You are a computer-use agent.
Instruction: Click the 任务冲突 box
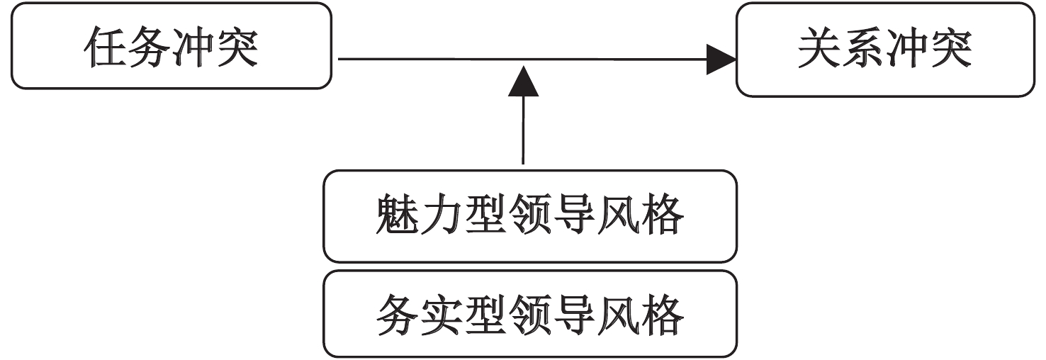(171, 45)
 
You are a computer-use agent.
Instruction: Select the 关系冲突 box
(885, 50)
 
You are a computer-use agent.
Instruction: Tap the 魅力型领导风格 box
(529, 216)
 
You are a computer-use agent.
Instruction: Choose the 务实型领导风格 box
(529, 314)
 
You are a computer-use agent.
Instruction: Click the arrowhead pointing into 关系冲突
(721, 60)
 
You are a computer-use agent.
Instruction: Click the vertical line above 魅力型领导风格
(523, 131)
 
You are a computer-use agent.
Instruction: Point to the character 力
(441, 216)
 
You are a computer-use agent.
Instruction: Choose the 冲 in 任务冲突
(193, 47)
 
